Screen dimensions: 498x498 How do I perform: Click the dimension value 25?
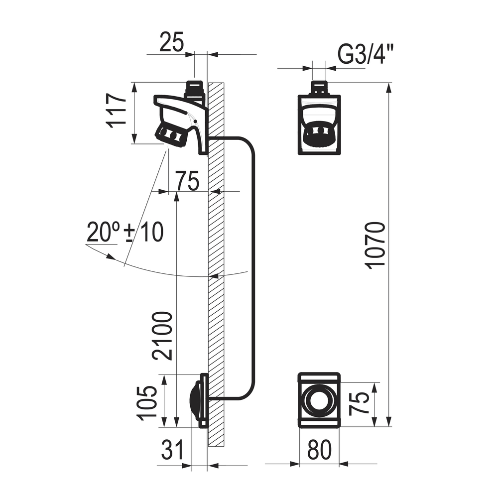click(x=171, y=41)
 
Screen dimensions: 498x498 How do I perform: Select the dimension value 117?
click(x=117, y=111)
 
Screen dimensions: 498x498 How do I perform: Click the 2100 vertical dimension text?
click(x=162, y=336)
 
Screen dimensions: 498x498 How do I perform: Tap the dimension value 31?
click(x=172, y=450)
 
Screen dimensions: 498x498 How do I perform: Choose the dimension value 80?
click(x=320, y=450)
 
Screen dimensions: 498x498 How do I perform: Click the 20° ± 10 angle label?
click(x=125, y=232)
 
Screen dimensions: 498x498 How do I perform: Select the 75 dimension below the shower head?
click(x=187, y=181)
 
